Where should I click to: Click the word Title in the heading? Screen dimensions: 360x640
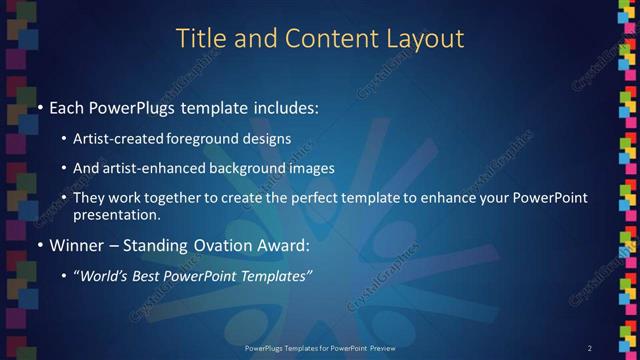pyautogui.click(x=198, y=38)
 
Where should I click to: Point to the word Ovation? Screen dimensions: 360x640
pyautogui.click(x=223, y=245)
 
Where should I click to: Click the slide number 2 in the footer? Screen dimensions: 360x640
pyautogui.click(x=590, y=347)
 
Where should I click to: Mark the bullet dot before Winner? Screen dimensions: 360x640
pyautogui.click(x=39, y=245)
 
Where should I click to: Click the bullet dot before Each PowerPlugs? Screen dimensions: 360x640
pyautogui.click(x=39, y=107)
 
